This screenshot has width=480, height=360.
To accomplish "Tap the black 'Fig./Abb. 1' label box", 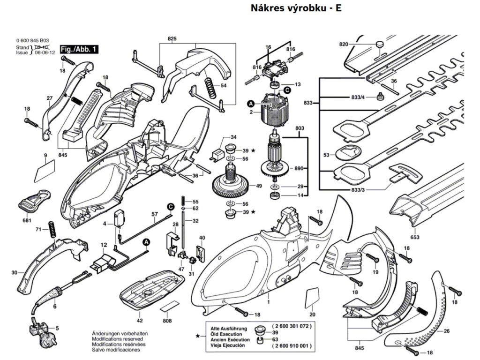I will pos(80,49).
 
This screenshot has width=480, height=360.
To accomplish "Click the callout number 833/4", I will pos(357,97).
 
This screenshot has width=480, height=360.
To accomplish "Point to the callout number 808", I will pos(167,321).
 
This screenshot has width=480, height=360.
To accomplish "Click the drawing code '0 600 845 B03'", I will pos(32,42).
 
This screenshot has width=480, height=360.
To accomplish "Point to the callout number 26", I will pos(446,331).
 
